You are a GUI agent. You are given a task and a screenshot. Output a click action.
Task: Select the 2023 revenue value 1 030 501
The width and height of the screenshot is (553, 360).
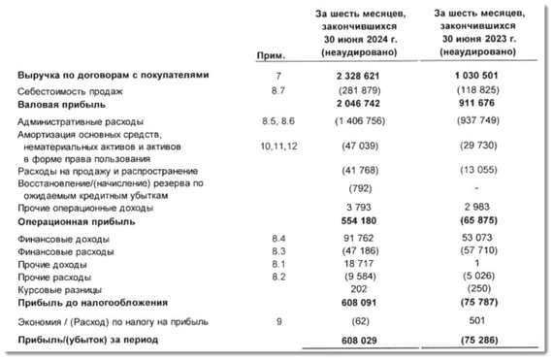tap(474, 76)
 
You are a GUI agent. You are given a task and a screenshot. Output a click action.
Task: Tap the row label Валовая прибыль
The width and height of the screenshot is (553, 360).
tap(58, 103)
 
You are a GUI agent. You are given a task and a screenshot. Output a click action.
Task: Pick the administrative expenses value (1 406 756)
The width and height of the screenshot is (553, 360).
tap(351, 120)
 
